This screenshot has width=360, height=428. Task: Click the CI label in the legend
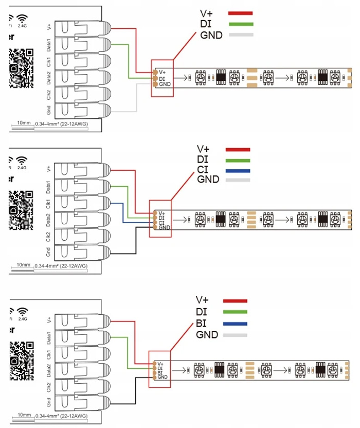[203, 170]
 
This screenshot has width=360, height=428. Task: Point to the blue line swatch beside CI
[238, 170]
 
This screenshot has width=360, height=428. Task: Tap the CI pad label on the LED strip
[161, 222]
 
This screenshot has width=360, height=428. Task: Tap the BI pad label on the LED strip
[160, 372]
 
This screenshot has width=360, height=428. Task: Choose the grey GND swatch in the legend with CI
[238, 180]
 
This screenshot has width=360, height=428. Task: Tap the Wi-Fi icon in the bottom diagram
[22, 312]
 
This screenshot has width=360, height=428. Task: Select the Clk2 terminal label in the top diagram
[48, 93]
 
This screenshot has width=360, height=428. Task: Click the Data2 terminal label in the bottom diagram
[48, 369]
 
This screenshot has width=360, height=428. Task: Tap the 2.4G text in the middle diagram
[22, 167]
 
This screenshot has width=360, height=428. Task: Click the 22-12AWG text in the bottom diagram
[74, 415]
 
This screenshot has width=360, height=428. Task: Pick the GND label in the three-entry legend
[211, 35]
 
